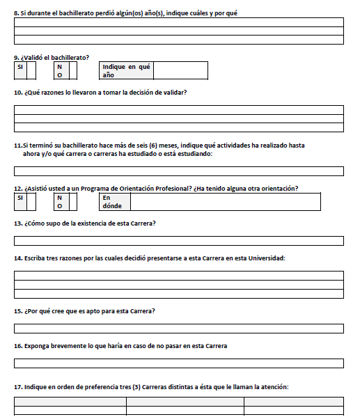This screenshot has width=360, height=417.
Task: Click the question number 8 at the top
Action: [16, 13]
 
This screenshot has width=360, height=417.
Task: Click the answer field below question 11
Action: [178, 171]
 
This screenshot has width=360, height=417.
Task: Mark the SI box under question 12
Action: [31, 202]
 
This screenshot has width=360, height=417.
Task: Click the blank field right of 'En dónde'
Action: [225, 202]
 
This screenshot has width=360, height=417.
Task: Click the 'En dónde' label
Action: [112, 202]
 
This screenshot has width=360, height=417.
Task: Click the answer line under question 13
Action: [178, 241]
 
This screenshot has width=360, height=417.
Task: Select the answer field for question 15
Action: [178, 328]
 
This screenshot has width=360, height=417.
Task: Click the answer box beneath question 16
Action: [178, 363]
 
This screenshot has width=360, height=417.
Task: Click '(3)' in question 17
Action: [136, 386]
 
